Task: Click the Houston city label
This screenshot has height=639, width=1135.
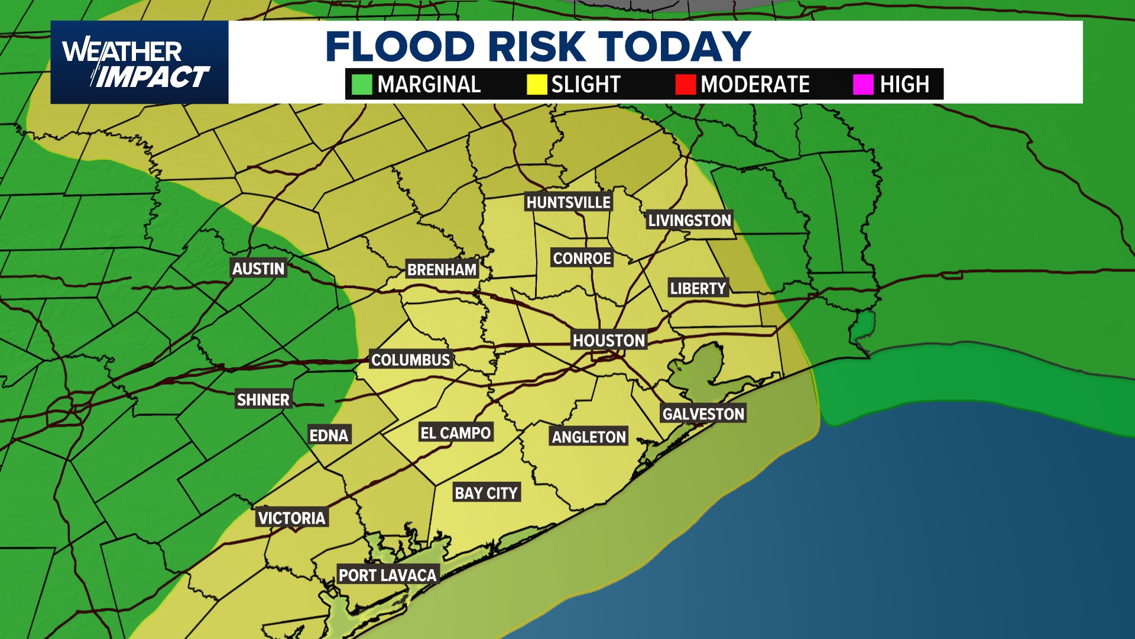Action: tap(609, 341)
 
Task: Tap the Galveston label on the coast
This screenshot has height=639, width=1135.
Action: tap(703, 414)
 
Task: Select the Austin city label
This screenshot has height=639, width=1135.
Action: tap(258, 269)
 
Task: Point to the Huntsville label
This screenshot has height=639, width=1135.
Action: tap(568, 202)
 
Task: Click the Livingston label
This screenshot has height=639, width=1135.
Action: tap(689, 220)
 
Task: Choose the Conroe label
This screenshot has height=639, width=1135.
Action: tap(582, 258)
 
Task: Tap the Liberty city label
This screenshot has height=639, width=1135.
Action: tap(698, 288)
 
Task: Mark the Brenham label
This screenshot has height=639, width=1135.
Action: tap(442, 270)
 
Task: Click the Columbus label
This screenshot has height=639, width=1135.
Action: tap(411, 360)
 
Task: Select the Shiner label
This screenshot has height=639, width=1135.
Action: tap(263, 400)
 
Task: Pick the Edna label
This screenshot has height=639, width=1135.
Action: tap(329, 435)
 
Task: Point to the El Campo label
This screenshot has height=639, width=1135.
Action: tap(455, 433)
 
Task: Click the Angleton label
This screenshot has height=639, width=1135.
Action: tap(589, 437)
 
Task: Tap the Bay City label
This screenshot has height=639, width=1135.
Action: tap(486, 493)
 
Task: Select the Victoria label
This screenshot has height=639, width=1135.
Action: tap(291, 518)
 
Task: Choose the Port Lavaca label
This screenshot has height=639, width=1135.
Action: tap(387, 575)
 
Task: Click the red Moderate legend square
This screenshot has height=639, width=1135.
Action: tap(685, 85)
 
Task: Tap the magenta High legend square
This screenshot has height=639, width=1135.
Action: tap(863, 85)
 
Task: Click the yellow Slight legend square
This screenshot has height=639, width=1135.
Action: tap(537, 85)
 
